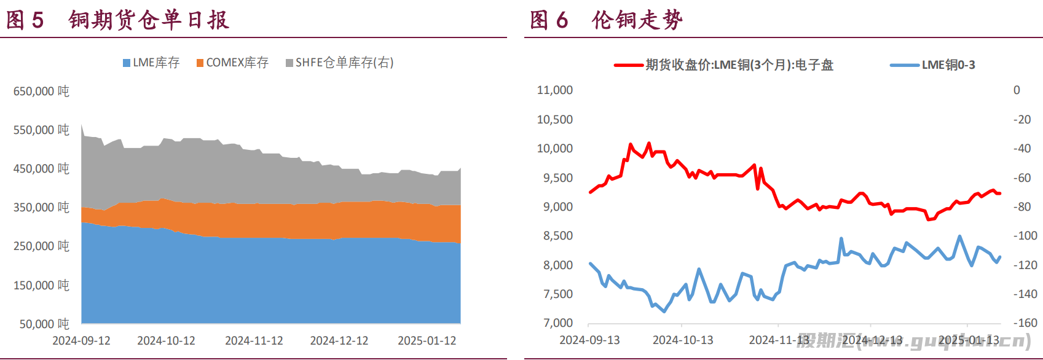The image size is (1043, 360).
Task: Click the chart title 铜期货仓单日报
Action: coord(149,20)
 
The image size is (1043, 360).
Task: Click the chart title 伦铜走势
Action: coord(637,20)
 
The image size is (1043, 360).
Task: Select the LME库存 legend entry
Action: coord(151,63)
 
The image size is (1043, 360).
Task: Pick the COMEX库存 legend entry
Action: coord(232,63)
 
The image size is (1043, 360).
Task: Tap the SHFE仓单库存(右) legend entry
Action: coord(339,63)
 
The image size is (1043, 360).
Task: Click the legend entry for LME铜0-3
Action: coord(933,65)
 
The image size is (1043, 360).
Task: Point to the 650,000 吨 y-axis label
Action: coord(41,92)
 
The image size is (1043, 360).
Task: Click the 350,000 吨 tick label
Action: coord(41,208)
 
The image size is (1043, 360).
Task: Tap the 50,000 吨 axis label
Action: coord(44,324)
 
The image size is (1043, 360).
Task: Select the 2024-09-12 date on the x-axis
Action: coord(81,341)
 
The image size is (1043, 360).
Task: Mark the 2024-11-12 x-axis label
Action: coord(254,341)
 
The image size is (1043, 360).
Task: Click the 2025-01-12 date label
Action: coord(427,341)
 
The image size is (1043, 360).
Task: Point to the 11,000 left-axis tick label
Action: coord(554,90)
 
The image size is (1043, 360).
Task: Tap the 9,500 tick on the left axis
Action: coord(557,178)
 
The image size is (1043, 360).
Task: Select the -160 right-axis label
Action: coord(1025,323)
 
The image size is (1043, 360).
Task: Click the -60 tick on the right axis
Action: coord(1022,178)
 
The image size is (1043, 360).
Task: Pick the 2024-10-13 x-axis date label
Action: coord(683,340)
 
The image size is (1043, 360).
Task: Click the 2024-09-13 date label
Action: coord(589,340)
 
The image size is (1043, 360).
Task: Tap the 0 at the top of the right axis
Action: coord(1017,90)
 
